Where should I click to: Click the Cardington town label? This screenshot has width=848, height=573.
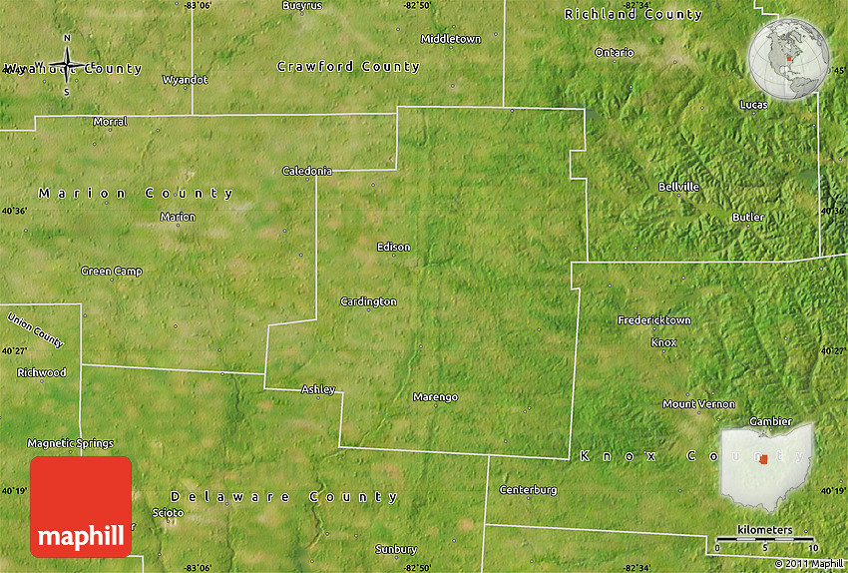click(x=368, y=301)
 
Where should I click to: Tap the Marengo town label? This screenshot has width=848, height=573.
click(x=435, y=397)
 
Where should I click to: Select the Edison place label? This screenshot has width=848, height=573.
click(x=393, y=247)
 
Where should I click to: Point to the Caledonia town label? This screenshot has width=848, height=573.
click(x=307, y=171)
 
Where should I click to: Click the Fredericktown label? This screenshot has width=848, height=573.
click(x=654, y=320)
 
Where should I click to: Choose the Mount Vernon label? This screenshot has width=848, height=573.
click(x=699, y=404)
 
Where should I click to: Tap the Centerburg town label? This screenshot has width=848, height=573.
click(x=528, y=490)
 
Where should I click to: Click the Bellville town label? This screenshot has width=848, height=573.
click(x=678, y=187)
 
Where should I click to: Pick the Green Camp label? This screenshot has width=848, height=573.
click(x=112, y=272)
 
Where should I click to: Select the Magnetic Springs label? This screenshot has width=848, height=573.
click(x=70, y=443)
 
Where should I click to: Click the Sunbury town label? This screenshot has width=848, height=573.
click(x=396, y=549)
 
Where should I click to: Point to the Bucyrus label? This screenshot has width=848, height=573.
click(x=302, y=6)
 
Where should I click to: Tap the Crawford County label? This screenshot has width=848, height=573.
click(x=348, y=67)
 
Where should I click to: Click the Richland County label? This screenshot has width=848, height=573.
click(x=634, y=14)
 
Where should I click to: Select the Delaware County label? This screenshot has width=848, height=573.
click(x=284, y=496)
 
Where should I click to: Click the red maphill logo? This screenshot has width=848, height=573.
click(x=81, y=507)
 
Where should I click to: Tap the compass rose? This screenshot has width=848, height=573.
click(x=67, y=66)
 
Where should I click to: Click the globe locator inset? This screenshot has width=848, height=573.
click(x=789, y=59)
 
